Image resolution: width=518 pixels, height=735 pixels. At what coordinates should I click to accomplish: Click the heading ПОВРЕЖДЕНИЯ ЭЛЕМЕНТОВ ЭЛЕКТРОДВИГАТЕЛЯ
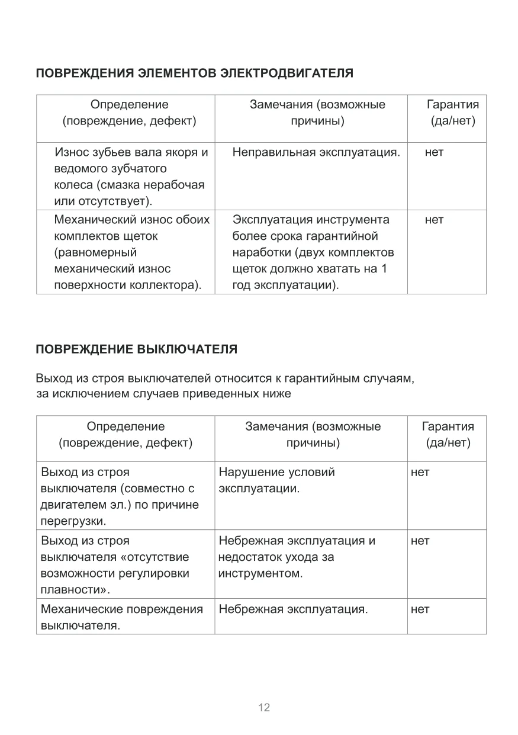click(195, 73)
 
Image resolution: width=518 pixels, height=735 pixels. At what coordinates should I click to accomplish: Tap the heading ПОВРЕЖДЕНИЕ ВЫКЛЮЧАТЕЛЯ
click(137, 349)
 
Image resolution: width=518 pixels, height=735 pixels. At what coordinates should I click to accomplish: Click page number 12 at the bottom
click(264, 707)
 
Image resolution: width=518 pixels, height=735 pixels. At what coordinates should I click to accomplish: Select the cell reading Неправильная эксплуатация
click(316, 153)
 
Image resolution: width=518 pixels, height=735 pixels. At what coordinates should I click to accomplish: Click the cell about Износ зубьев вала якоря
click(131, 176)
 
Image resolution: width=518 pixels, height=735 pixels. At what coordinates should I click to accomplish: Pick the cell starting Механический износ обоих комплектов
click(131, 252)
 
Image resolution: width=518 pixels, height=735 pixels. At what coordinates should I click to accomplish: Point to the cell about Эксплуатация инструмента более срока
click(313, 252)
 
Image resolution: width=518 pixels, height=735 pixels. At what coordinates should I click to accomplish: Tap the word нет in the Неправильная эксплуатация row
click(434, 153)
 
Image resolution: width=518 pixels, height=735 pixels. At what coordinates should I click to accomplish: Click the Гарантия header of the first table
click(453, 113)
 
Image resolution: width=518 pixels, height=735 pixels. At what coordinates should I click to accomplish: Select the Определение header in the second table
click(126, 434)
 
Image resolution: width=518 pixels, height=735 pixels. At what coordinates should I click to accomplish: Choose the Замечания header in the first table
click(317, 113)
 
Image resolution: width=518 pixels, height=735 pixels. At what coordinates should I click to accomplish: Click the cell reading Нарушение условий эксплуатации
click(276, 481)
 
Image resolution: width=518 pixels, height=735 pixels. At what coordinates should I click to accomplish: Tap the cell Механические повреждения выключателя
click(121, 617)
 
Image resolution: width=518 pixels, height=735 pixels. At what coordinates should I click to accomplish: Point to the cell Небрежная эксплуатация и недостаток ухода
click(297, 557)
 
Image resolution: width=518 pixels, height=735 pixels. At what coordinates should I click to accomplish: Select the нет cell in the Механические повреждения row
click(420, 609)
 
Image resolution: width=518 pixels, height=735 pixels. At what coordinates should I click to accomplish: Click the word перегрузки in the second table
click(73, 522)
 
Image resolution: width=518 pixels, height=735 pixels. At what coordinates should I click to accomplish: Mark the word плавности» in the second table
click(76, 590)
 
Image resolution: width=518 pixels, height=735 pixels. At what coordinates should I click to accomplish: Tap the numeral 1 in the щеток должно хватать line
click(384, 269)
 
